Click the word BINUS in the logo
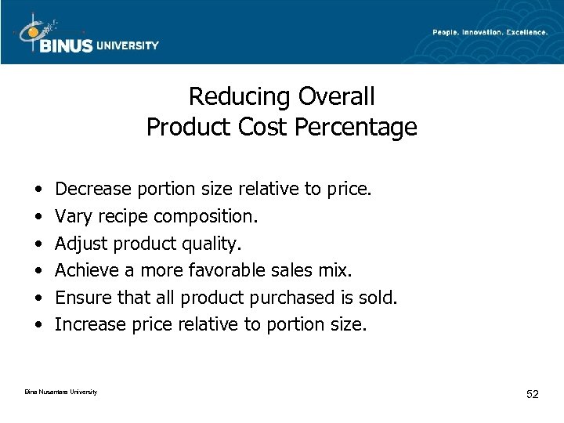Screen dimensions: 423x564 point(66,45)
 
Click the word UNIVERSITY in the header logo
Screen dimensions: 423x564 point(128,45)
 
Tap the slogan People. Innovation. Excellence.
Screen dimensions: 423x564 point(490,32)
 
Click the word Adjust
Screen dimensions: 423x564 point(82,244)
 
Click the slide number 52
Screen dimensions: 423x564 point(532,393)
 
